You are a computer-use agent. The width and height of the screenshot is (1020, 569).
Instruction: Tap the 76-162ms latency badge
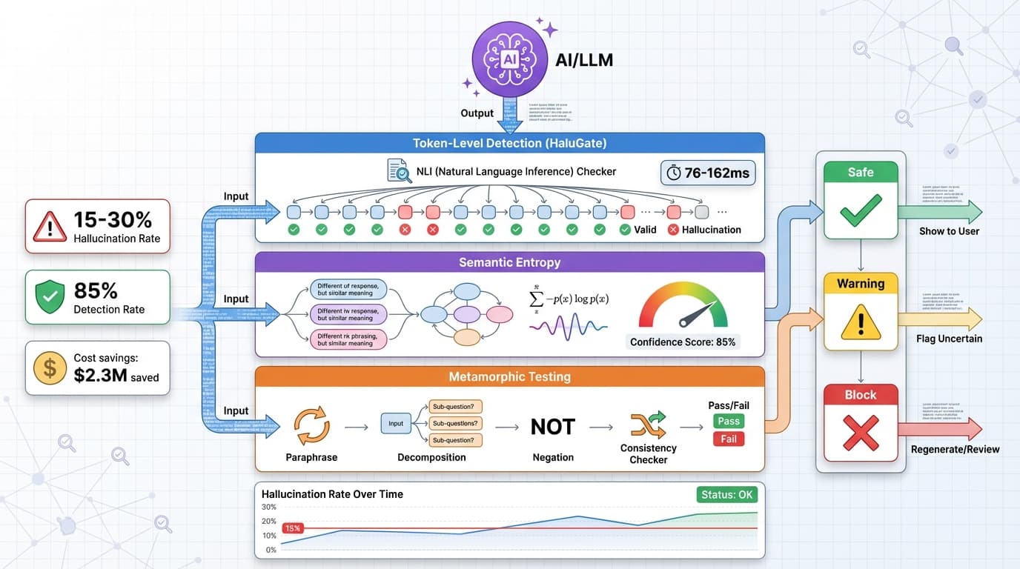tap(707, 173)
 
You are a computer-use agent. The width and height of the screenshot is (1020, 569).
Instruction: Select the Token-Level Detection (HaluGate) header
tap(509, 143)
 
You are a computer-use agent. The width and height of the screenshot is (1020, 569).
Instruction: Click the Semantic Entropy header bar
tap(509, 262)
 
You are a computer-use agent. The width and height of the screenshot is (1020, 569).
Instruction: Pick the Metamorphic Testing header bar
tap(509, 377)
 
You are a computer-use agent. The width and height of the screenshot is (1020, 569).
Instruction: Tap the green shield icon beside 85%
tap(50, 296)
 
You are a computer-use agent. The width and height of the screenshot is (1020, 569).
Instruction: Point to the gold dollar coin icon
tap(50, 367)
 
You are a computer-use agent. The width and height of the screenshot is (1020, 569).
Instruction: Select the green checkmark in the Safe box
tap(861, 210)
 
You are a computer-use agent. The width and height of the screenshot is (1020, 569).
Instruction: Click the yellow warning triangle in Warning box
tap(861, 323)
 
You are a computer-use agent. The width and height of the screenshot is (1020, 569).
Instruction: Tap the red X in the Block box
tap(861, 433)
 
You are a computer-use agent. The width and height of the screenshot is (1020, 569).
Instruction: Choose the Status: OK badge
tap(726, 494)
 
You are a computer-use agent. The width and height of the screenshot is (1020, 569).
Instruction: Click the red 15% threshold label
tap(292, 528)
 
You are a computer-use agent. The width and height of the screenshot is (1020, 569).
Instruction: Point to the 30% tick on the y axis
tap(269, 508)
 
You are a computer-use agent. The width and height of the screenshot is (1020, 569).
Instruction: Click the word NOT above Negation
tap(552, 427)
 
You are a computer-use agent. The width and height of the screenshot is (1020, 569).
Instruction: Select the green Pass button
tap(728, 421)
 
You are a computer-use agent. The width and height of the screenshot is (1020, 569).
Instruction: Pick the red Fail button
tap(728, 439)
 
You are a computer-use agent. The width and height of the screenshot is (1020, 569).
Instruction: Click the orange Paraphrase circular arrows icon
tap(312, 427)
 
